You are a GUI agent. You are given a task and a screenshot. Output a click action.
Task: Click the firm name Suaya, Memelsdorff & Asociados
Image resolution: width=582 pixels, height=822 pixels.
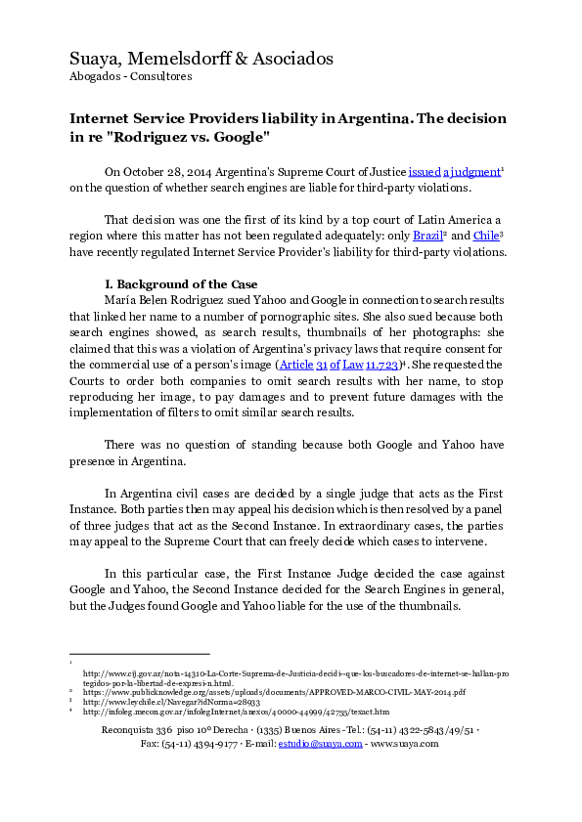click(201, 59)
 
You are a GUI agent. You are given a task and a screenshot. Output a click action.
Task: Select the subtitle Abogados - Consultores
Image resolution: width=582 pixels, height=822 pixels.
click(131, 76)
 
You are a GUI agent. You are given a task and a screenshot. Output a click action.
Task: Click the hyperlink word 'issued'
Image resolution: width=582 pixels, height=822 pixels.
click(425, 170)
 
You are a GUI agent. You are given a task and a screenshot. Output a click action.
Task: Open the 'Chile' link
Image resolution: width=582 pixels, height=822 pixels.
click(487, 236)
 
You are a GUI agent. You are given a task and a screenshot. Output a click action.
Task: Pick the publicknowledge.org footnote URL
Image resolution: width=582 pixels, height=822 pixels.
click(274, 691)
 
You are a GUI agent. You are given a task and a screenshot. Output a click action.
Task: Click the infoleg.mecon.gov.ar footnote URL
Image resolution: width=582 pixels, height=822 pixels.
click(236, 712)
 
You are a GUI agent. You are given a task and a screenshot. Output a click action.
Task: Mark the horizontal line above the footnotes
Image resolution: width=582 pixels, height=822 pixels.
click(139, 653)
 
